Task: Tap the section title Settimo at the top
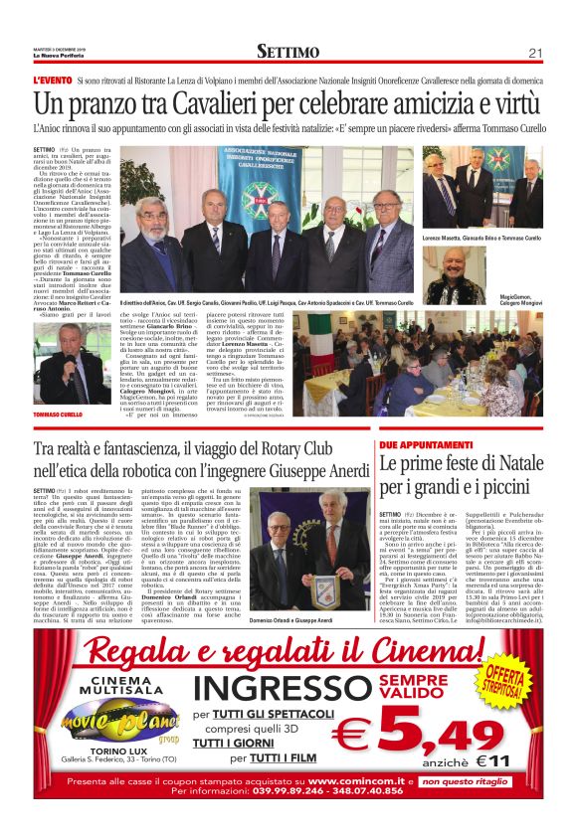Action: click(288, 52)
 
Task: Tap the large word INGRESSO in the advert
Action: click(272, 687)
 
